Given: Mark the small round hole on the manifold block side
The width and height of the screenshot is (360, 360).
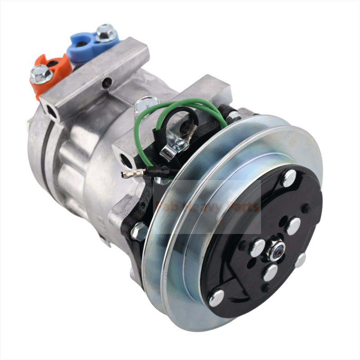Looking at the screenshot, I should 106,83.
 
